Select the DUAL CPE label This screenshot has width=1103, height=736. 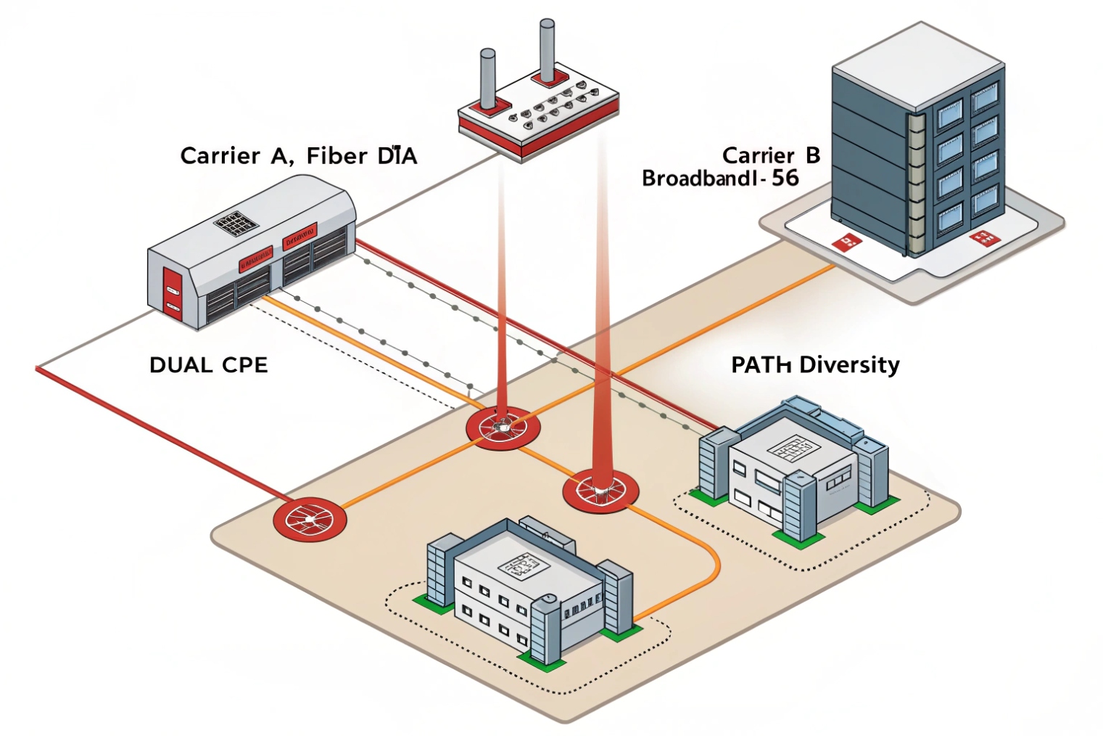pos(208,364)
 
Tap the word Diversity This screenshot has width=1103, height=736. pos(848,364)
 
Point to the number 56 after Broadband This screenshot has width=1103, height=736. pos(785,178)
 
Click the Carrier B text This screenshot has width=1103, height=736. pos(771,155)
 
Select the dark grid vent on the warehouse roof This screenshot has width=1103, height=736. pos(236,223)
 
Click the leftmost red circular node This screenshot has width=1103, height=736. pos(310,519)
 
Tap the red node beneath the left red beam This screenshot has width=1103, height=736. pos(502,426)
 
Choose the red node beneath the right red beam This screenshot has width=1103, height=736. pos(600,491)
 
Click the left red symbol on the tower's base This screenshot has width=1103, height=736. pos(846,242)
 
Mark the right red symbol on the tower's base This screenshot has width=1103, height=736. pos(982,237)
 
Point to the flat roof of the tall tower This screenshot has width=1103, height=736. pos(917,64)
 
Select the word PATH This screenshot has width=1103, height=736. pos(761,364)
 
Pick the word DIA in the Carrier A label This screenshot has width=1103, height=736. pos(397,156)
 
